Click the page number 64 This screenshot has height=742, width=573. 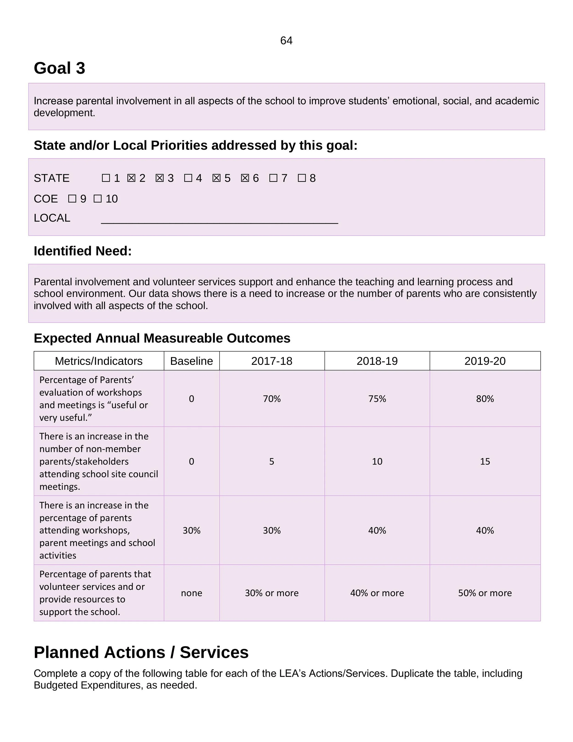[286, 41]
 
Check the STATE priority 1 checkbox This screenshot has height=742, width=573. [106, 178]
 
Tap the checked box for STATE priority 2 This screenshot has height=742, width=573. [131, 178]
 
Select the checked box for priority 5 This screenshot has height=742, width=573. [216, 178]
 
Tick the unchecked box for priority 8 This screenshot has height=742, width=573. [302, 178]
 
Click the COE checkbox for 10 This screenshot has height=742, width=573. [97, 199]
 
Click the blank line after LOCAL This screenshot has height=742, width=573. [219, 221]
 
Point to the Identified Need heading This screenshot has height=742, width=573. [83, 251]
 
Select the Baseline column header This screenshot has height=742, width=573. [192, 361]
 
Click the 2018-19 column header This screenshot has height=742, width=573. [377, 361]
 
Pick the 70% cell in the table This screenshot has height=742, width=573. [272, 399]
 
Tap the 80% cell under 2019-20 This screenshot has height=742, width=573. [485, 399]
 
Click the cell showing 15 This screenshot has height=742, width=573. [485, 461]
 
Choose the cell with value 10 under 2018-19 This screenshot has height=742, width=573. [377, 461]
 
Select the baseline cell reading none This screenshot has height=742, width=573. [192, 593]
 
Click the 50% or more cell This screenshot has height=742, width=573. [485, 593]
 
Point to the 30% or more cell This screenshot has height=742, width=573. [272, 593]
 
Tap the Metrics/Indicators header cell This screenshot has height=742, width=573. [99, 361]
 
